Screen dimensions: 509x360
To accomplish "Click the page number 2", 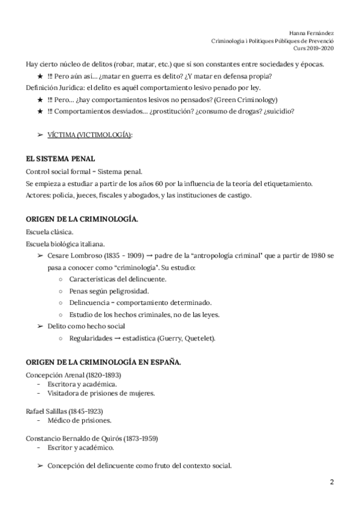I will (331, 483).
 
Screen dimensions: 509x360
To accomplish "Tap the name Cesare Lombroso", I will (73, 256).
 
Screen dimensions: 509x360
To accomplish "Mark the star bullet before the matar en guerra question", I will (40, 76).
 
